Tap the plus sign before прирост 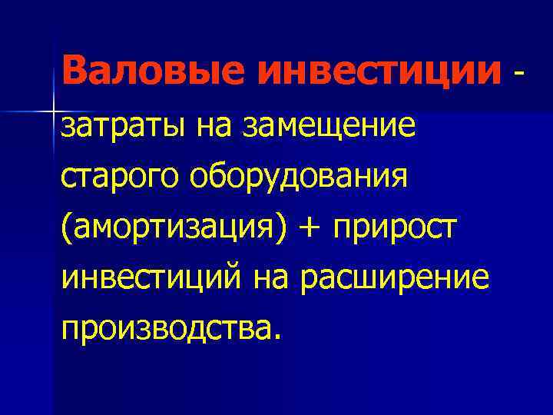(311, 229)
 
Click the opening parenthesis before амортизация (67, 228)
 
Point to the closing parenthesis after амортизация (280, 228)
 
